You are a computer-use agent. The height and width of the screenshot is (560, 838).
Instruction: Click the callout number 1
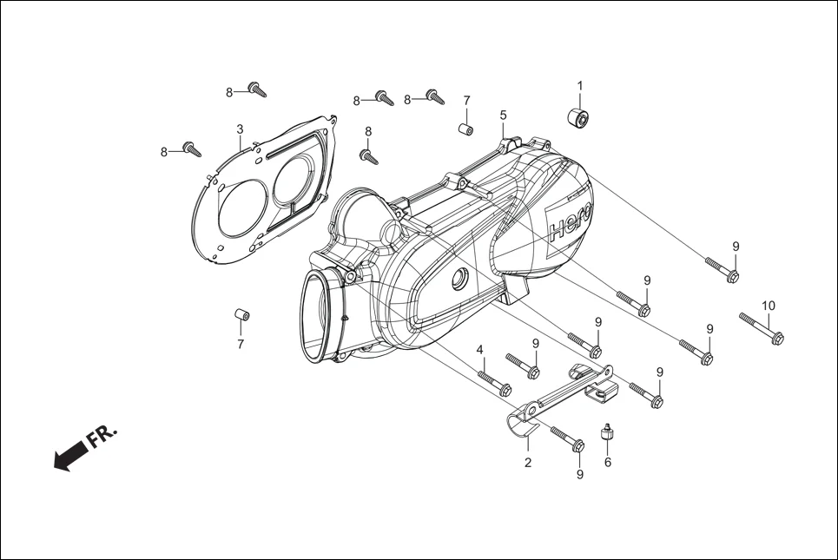pos(580,86)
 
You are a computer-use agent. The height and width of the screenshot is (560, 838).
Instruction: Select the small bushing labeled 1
pos(578,117)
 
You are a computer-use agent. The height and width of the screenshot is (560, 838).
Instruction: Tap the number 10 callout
pos(769,305)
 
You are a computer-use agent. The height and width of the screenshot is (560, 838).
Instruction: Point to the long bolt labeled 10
pos(762,327)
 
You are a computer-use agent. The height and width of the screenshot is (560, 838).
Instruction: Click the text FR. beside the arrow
pos(102,436)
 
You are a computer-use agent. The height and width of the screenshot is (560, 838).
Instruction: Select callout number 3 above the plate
pos(240,129)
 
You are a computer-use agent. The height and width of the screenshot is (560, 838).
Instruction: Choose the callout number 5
pos(503,115)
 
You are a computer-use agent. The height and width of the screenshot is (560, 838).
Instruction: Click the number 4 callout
pos(479,350)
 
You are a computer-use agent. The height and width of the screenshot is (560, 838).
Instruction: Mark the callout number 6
pos(608,462)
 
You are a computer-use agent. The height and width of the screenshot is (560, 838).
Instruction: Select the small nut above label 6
pos(608,433)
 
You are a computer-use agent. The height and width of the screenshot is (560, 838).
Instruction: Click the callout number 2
pos(527,463)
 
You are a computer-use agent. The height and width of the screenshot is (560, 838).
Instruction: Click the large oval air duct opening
pos(320,316)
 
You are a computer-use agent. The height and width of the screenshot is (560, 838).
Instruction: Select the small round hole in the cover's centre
pos(457,280)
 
